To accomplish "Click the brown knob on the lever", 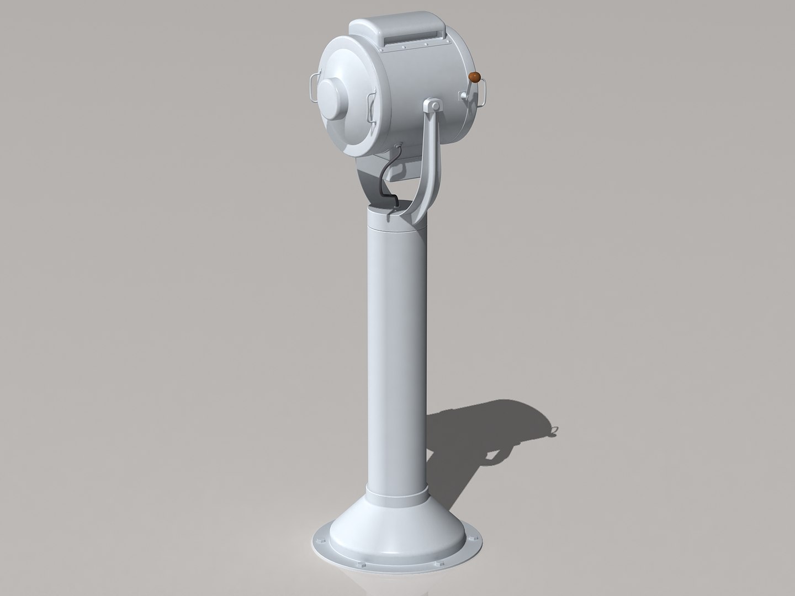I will (473, 77).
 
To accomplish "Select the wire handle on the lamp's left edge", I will (312, 89).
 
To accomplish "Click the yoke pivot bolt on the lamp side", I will (434, 105).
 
